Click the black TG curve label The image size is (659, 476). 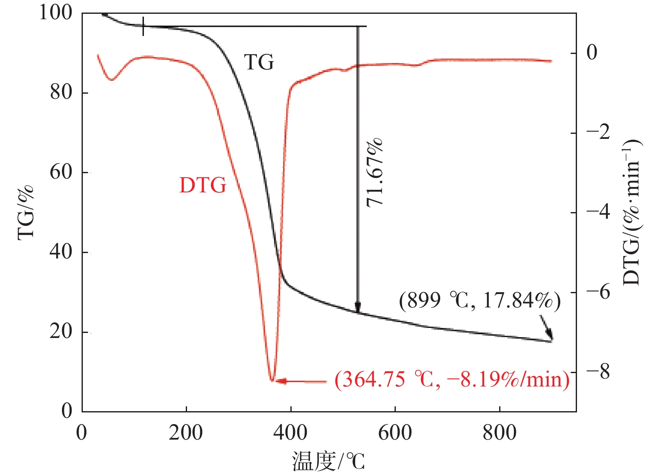[259, 63]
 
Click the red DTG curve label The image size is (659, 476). [203, 185]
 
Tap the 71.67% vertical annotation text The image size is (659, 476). [374, 172]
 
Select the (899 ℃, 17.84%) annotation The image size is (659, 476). [480, 301]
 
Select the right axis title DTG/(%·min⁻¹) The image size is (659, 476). [632, 212]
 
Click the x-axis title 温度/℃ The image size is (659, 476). [328, 462]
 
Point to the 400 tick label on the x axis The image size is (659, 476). [290, 433]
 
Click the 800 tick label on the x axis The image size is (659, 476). [500, 433]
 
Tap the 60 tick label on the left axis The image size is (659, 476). [61, 172]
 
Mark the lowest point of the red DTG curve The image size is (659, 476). [272, 380]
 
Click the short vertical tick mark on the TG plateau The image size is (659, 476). [144, 26]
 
